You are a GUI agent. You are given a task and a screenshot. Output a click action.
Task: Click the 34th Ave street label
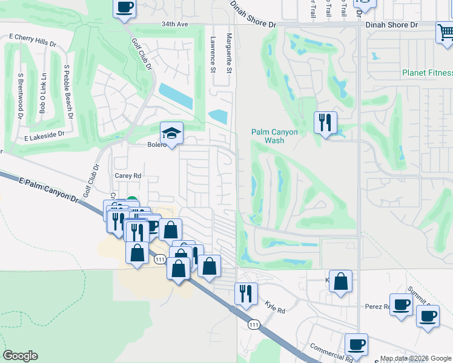175,25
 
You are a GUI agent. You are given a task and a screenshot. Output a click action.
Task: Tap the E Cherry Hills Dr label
32,44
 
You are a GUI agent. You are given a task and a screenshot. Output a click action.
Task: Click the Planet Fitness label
427,73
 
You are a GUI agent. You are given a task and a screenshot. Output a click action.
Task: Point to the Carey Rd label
128,176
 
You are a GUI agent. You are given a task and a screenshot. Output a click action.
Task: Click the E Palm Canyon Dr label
49,190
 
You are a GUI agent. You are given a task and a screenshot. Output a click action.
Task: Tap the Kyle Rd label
274,309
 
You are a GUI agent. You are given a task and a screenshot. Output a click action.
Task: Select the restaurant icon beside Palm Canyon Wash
325,122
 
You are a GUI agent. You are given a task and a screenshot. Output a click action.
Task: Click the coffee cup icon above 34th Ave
125,7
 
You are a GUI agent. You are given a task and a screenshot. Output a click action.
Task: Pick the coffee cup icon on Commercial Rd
356,344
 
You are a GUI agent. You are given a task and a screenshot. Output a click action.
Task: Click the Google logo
21,356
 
